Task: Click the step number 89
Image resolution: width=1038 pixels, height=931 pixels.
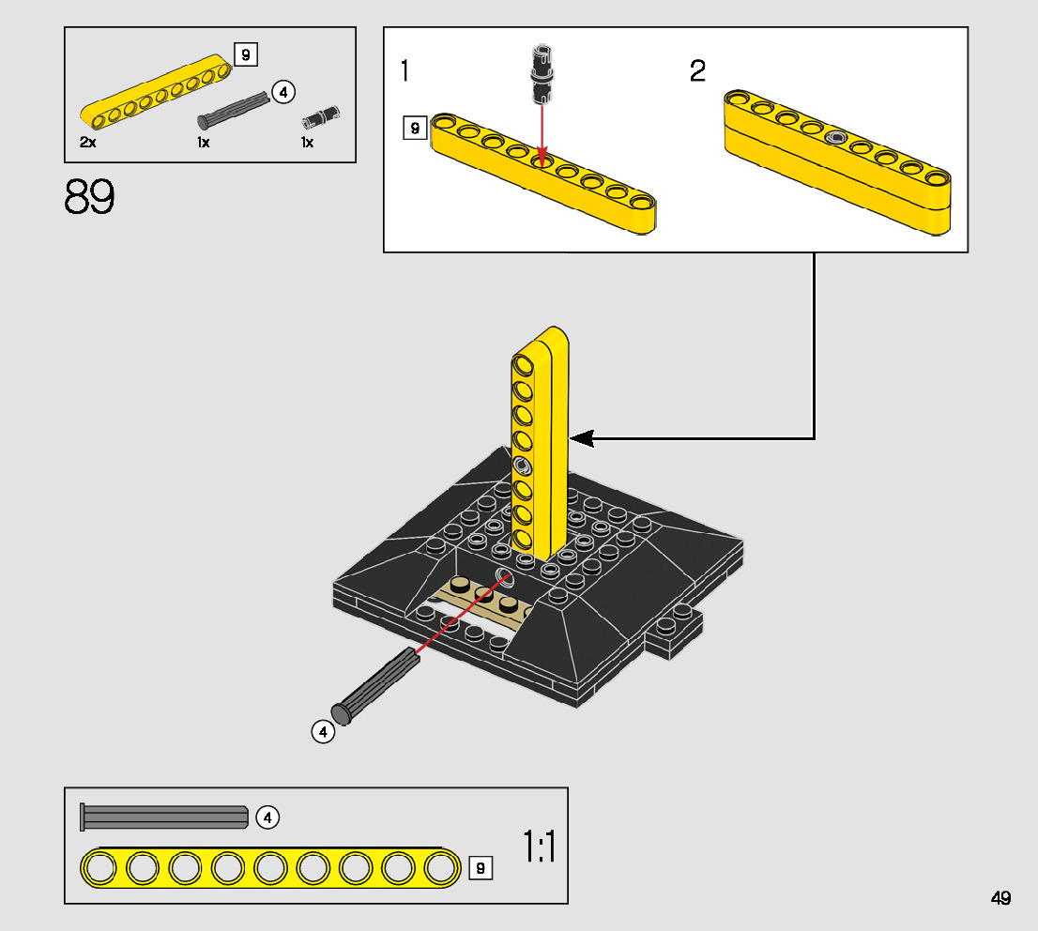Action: point(89,197)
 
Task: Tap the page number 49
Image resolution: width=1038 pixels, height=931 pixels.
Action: point(1000,898)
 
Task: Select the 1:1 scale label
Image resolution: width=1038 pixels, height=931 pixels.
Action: point(540,846)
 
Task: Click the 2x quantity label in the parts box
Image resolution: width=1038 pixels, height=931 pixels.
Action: point(88,142)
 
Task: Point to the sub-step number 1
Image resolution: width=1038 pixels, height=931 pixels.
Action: point(405,70)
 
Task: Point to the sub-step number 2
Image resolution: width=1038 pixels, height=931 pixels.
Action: point(697,70)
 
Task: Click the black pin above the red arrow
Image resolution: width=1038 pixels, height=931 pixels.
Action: point(542,74)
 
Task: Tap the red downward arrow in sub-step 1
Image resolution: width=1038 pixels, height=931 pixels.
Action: point(542,135)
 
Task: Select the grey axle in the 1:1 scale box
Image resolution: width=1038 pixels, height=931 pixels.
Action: point(164,817)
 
